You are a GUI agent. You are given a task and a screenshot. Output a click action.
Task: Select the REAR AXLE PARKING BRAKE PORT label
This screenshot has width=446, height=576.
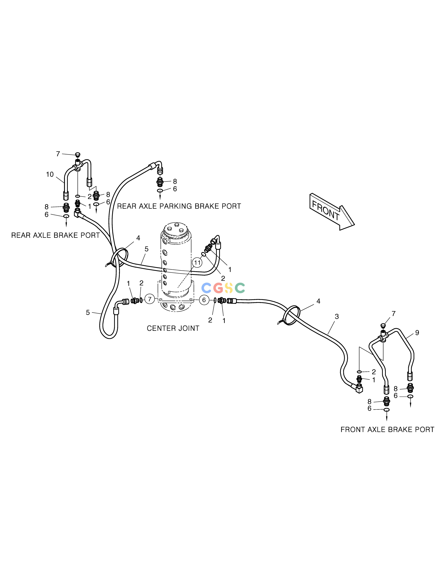pos(179,206)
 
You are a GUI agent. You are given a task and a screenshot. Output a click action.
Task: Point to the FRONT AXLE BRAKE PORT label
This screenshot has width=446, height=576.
pos(387,430)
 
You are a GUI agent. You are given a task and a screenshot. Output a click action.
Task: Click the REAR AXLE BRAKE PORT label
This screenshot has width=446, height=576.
pos(56,235)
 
